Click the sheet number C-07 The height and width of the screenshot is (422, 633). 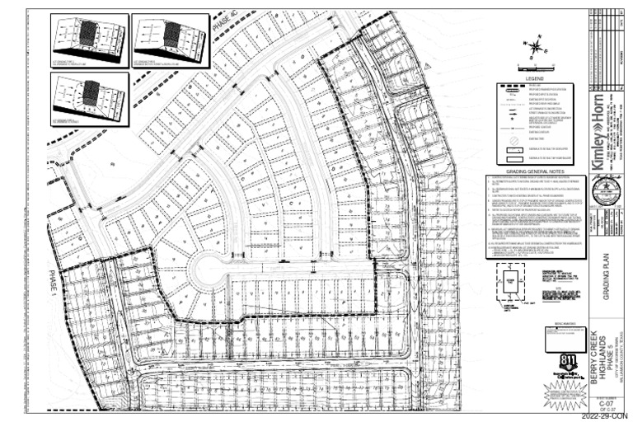click(x=607, y=405)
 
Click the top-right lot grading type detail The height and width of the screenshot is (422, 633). click(x=171, y=38)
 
